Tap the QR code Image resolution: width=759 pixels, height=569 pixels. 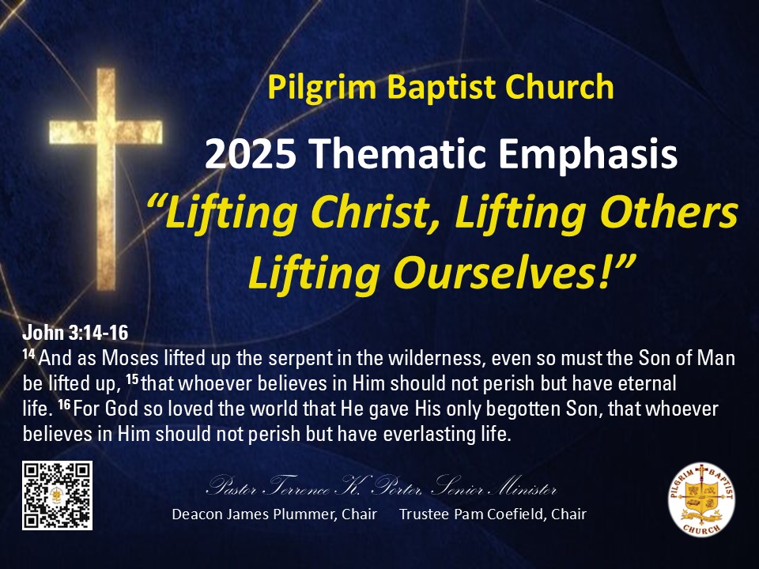[57, 495]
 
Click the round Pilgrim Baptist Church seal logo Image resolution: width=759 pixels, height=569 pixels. [701, 499]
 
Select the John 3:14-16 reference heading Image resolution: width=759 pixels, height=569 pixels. [76, 333]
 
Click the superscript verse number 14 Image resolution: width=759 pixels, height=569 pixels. [28, 354]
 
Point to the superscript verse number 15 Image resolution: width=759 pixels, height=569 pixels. [132, 379]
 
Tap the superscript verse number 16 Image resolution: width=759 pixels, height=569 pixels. [64, 405]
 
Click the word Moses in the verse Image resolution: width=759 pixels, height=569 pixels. [130, 359]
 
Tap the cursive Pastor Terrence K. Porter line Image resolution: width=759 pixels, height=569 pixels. [381, 486]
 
